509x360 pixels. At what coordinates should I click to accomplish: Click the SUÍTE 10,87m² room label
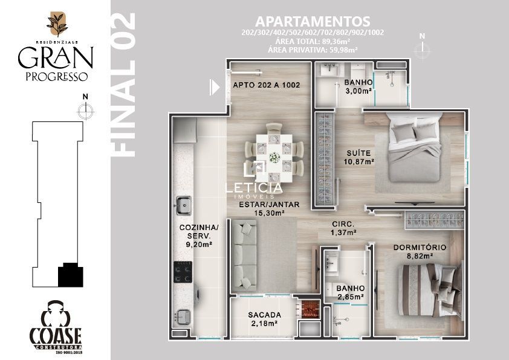[x=358, y=157]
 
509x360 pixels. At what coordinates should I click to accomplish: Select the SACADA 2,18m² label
[x=264, y=319]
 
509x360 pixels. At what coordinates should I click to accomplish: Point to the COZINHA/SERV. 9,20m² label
[x=199, y=236]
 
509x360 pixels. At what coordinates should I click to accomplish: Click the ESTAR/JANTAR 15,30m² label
[x=269, y=208]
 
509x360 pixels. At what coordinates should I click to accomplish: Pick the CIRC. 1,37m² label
[x=343, y=228]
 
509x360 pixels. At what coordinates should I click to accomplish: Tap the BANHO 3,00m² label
[x=358, y=86]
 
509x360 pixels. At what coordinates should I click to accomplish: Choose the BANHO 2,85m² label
[x=350, y=292]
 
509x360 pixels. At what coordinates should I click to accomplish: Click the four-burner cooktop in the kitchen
[x=183, y=272]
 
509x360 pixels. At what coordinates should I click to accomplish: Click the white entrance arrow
[x=214, y=87]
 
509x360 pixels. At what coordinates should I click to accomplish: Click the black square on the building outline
[x=71, y=275]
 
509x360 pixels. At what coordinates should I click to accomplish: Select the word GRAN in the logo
[x=56, y=57]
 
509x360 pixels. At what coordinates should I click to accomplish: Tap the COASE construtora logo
[x=56, y=327]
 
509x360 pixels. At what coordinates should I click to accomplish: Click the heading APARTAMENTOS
[x=313, y=21]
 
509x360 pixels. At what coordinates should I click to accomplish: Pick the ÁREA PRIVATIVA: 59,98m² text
[x=313, y=50]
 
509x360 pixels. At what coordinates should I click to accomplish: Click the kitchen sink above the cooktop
[x=184, y=205]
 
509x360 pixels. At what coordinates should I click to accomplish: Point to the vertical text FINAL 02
[x=123, y=85]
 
